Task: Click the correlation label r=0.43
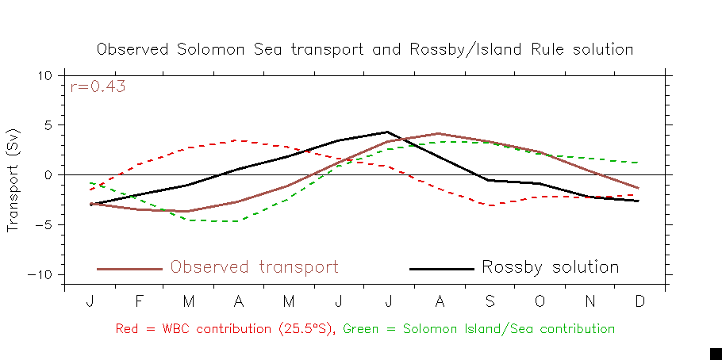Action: [98, 87]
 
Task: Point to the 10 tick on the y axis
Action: [44, 75]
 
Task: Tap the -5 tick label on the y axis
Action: [44, 224]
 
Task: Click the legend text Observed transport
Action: [254, 267]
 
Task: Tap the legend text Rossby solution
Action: [550, 267]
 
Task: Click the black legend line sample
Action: [441, 269]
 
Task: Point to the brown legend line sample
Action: [129, 269]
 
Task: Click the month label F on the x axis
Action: [140, 303]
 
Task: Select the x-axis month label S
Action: [489, 303]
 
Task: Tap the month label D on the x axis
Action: [639, 303]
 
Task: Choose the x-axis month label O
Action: [539, 303]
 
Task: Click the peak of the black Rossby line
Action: [388, 132]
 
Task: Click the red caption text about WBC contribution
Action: [226, 328]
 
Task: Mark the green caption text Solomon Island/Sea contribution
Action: [479, 328]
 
